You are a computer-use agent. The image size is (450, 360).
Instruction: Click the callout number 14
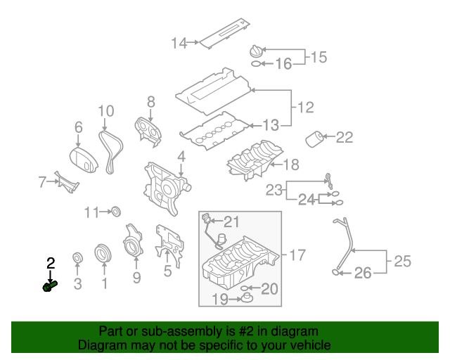click(x=179, y=43)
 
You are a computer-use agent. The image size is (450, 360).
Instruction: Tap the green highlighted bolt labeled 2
click(x=49, y=285)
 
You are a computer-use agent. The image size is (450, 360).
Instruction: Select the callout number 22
click(x=344, y=137)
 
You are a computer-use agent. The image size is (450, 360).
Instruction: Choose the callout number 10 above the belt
click(x=105, y=110)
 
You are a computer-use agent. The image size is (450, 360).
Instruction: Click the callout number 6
click(x=79, y=127)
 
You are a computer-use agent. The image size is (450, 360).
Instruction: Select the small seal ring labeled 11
click(x=117, y=211)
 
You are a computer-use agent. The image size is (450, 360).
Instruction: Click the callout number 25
click(x=401, y=262)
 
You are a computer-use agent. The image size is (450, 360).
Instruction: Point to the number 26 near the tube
click(x=362, y=273)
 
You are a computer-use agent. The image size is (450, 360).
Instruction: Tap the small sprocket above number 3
click(x=78, y=257)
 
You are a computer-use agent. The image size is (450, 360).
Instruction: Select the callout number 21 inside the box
click(x=231, y=221)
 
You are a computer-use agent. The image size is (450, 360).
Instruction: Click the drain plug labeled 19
click(x=247, y=301)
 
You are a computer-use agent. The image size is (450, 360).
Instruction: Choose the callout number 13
click(x=271, y=125)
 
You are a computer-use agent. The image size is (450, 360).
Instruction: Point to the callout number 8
click(x=150, y=103)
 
